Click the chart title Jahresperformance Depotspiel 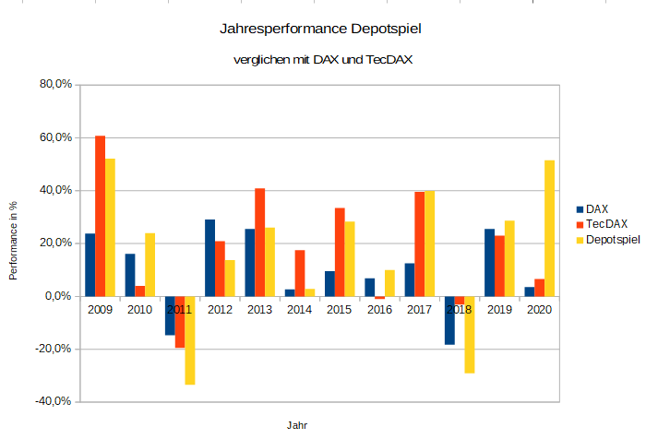[322, 30]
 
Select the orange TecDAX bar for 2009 [100, 216]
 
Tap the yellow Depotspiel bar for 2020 [550, 228]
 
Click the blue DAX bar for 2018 [449, 320]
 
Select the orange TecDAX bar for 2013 [260, 242]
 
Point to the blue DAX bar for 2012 [210, 257]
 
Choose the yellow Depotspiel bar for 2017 [429, 243]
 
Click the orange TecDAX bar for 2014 [300, 273]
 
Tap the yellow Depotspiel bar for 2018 [470, 334]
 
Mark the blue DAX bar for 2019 [490, 262]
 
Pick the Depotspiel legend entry [612, 240]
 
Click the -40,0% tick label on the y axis [54, 401]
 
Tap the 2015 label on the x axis [340, 309]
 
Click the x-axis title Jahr [297, 426]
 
